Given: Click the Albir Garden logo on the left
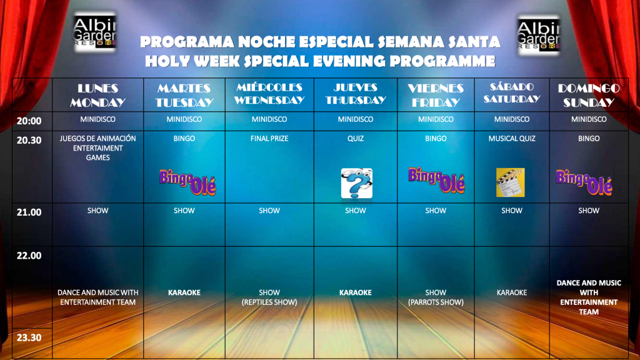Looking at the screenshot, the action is [x=95, y=32].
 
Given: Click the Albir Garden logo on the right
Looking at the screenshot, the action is [x=538, y=36].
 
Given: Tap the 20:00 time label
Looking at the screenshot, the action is [x=29, y=121].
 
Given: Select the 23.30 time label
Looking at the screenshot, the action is [x=29, y=337].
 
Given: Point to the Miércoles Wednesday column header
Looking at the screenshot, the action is [x=269, y=94].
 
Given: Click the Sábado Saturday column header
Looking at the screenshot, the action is [x=512, y=92].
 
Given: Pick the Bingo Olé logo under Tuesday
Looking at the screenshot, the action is [x=187, y=182].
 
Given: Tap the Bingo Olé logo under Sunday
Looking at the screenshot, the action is [x=584, y=182].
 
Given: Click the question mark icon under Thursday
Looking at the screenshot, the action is [x=356, y=183].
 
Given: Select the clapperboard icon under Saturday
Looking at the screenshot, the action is [x=510, y=182].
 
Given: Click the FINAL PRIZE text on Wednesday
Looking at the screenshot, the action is [x=269, y=139].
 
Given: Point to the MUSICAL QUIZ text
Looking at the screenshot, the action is [x=512, y=139].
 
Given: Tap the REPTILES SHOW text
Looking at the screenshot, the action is [x=269, y=302].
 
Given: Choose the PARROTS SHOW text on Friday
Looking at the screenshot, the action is [x=436, y=302].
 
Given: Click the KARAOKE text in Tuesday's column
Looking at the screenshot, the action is [x=184, y=292].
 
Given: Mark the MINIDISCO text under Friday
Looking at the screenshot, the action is [x=436, y=119].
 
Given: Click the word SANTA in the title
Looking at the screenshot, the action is [x=474, y=42].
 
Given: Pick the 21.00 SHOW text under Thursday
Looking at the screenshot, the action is [x=356, y=211].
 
